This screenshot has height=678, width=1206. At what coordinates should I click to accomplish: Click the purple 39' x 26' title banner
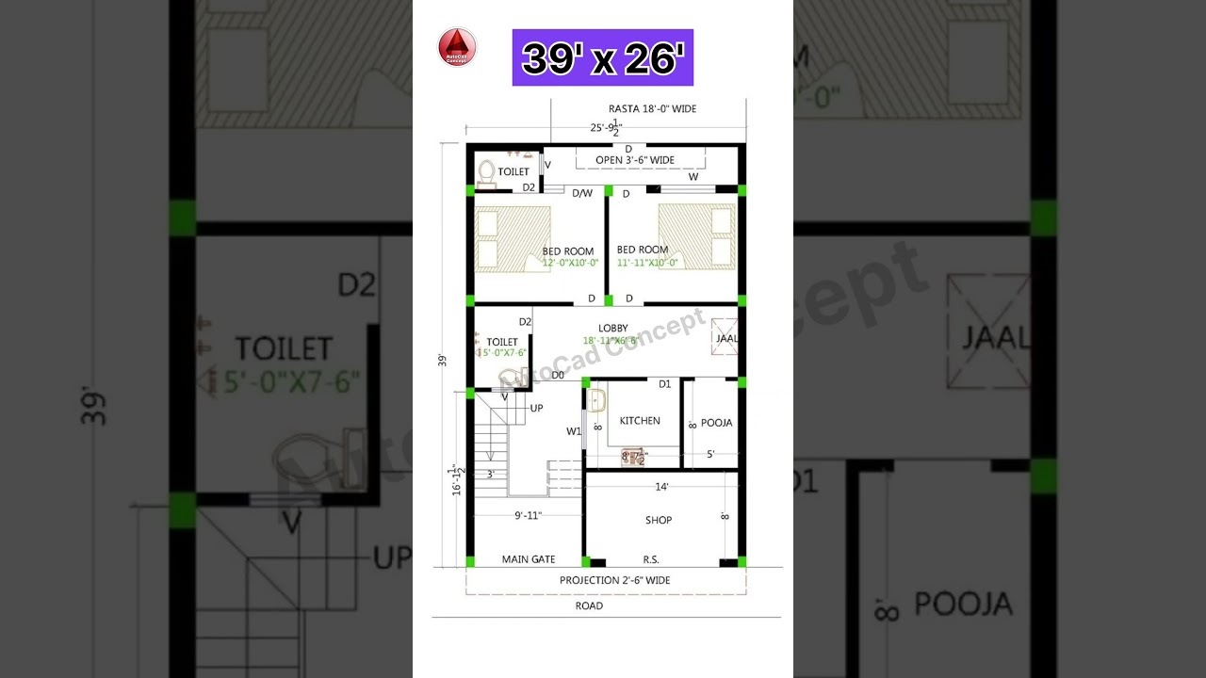point(603,57)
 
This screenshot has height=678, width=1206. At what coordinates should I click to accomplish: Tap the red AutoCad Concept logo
point(457,47)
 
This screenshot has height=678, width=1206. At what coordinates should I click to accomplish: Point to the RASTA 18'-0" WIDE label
point(652,109)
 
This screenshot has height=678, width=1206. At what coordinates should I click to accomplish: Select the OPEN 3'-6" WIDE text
point(635,160)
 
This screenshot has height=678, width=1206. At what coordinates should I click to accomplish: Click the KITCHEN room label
point(640,421)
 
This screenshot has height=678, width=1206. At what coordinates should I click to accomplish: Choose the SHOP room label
point(659,520)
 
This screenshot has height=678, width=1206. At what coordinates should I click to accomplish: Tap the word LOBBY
point(613,328)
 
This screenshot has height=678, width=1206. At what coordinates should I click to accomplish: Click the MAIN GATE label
point(529,559)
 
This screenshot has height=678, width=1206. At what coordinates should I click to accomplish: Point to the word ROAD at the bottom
point(589,605)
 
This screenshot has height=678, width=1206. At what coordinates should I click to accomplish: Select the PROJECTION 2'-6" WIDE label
point(615,580)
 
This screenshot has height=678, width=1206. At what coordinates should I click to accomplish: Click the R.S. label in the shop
point(650,559)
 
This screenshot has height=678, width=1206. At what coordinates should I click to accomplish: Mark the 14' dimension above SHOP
point(662,487)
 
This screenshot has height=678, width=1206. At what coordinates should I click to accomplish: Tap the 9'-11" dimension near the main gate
point(534,515)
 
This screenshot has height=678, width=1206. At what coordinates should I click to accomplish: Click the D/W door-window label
point(582,193)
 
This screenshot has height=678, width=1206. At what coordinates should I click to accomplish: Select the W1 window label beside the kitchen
point(574,431)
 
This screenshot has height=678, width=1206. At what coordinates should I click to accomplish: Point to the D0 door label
point(558,375)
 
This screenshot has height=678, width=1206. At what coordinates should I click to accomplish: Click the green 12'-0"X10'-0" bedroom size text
point(571,263)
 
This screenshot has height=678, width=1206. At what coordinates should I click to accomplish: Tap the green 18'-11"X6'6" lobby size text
point(611,340)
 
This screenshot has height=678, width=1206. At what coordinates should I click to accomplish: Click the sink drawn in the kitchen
point(597,401)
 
